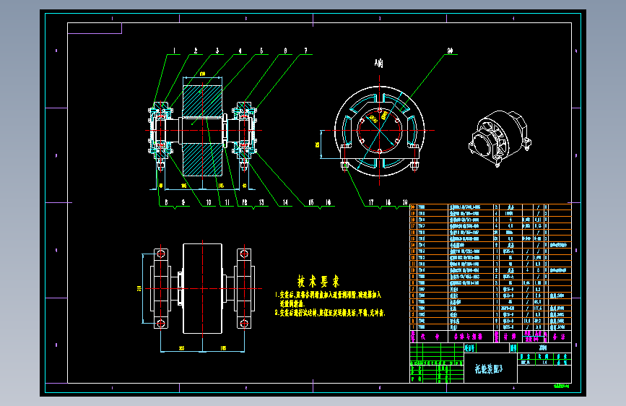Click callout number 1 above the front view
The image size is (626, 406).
[174, 51]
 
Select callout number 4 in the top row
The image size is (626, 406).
[240, 51]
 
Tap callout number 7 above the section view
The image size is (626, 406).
[305, 51]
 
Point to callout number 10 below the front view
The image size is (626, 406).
[208, 203]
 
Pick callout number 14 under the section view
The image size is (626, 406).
[284, 203]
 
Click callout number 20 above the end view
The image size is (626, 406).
[450, 51]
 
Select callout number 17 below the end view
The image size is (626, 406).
[371, 203]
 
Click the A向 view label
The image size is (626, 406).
[379, 63]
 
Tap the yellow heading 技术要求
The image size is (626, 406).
[318, 280]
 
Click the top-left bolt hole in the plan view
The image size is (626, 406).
[160, 254]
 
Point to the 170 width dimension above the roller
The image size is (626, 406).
[201, 74]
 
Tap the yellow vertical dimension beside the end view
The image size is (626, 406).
[318, 144]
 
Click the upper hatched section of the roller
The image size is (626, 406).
[201, 100]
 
